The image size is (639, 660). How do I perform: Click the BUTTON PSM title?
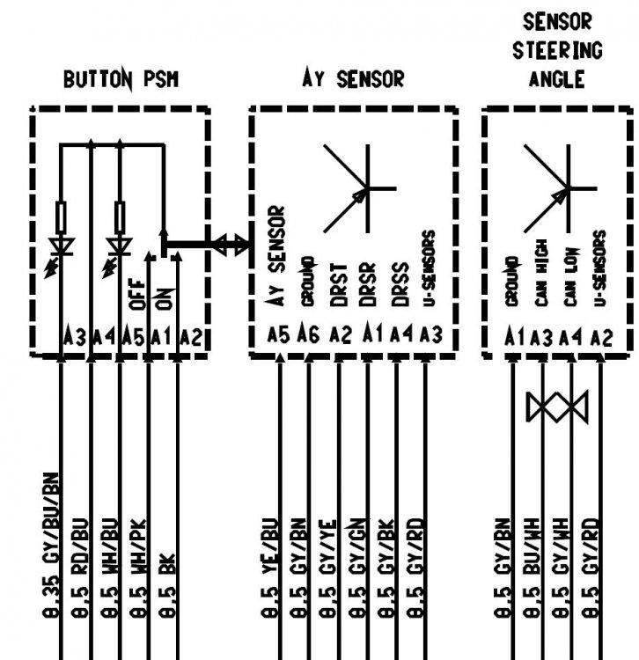pyautogui.click(x=121, y=79)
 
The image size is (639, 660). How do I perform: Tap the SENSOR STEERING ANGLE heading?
pyautogui.click(x=557, y=50)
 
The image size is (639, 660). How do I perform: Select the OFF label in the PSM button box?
pyautogui.click(x=137, y=294)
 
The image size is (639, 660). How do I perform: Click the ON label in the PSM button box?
pyautogui.click(x=165, y=299)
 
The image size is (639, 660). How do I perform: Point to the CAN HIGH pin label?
pyautogui.click(x=542, y=273)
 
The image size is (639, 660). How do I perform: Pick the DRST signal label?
pyautogui.click(x=339, y=285)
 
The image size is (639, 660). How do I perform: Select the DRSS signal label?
pyautogui.click(x=400, y=284)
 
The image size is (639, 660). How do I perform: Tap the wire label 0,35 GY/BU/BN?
pyautogui.click(x=50, y=546)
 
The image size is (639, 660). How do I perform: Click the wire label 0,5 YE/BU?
pyautogui.click(x=269, y=568)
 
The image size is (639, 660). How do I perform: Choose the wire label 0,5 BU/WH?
pyautogui.click(x=532, y=568)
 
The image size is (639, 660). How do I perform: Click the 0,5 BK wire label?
pyautogui.click(x=166, y=586)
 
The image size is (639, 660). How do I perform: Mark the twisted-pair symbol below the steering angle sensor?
pyautogui.click(x=557, y=407)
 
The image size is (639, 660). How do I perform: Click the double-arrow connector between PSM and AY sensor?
pyautogui.click(x=230, y=245)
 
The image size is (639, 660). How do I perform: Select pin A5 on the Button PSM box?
pyautogui.click(x=133, y=337)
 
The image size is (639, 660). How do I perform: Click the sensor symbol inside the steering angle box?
pyautogui.click(x=561, y=188)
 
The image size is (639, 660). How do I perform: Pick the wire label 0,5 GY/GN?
pyautogui.click(x=357, y=568)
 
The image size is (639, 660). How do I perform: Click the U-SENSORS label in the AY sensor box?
pyautogui.click(x=428, y=268)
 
